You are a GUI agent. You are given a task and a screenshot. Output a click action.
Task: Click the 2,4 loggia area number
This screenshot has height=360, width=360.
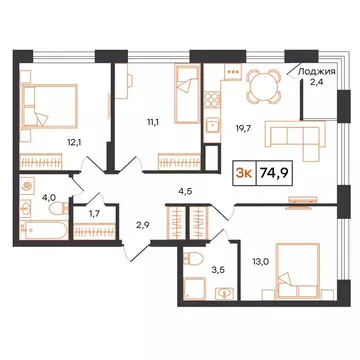click(318, 84)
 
